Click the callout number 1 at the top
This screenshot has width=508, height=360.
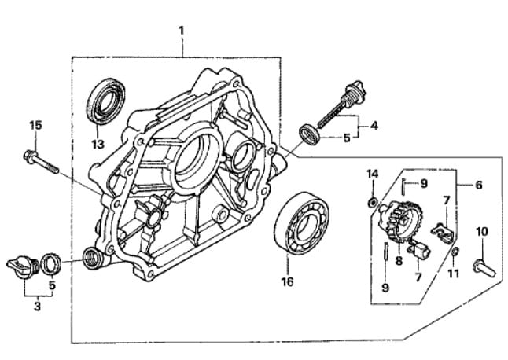pos(181,31)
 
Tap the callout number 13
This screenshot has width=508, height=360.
pos(98,144)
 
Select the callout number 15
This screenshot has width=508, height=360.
pos(36,125)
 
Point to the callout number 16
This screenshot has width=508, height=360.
pos(288,281)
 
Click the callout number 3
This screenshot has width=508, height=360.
pos(37,306)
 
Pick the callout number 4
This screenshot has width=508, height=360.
pos(374,126)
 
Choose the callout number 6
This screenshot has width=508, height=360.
pos(479,185)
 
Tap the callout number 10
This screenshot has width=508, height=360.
pos(482,232)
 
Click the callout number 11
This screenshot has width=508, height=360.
pos(453,274)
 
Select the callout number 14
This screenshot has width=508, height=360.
pos(373,174)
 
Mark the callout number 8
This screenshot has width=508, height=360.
pos(399,260)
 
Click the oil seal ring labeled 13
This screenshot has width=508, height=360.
pos(106,101)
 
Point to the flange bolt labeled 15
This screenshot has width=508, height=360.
pos(41,161)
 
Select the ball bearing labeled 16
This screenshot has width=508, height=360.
pos(302,223)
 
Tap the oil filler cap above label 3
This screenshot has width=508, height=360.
pos(23,266)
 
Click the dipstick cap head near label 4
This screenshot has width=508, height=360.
pos(355,90)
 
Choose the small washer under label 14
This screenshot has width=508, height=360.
pos(373,203)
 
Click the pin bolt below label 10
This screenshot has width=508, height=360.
pos(484,267)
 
